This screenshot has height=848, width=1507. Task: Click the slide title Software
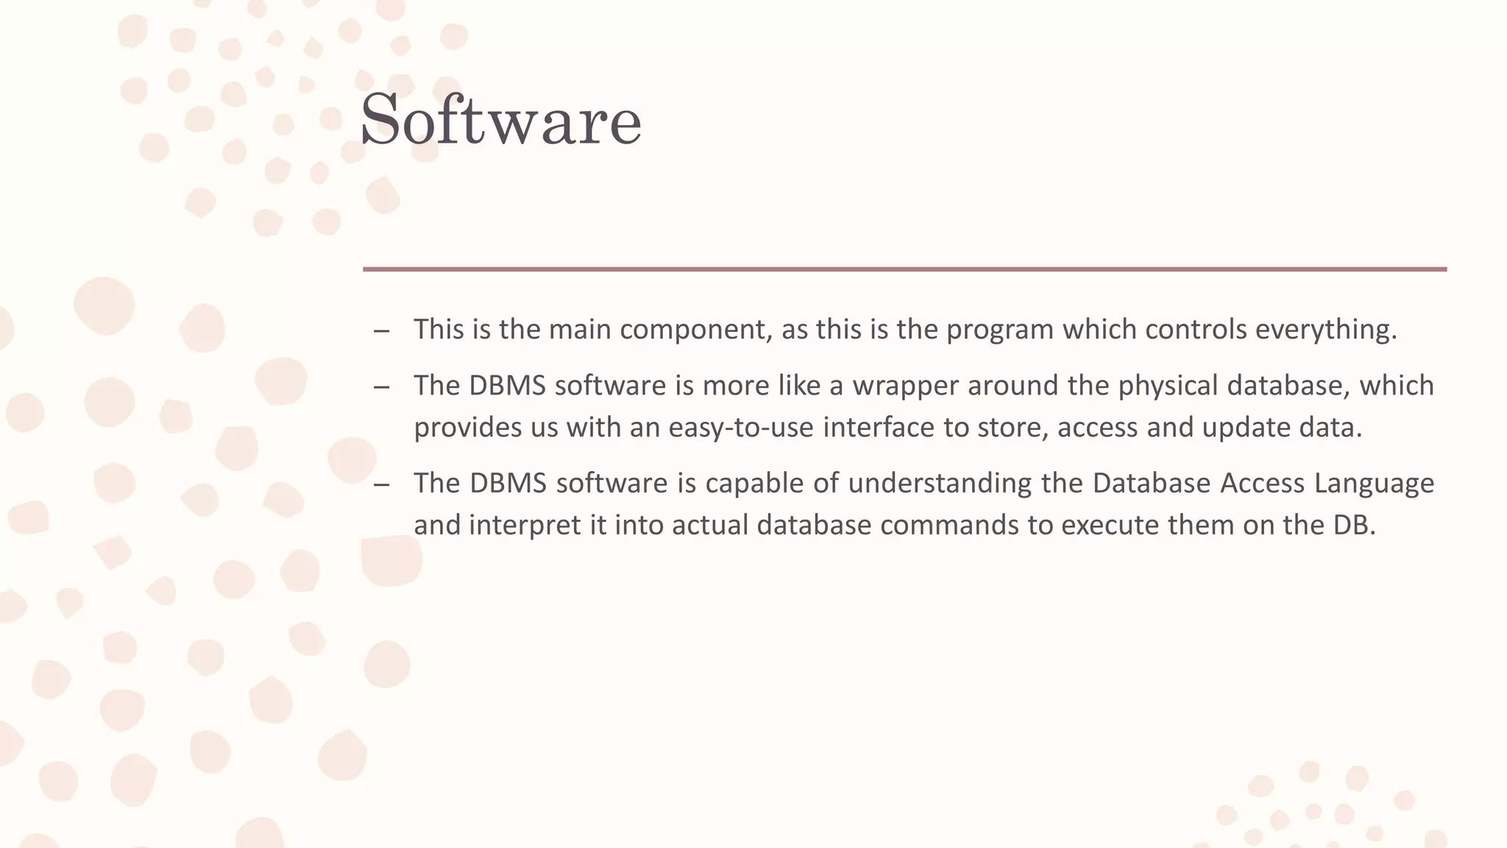tap(500, 121)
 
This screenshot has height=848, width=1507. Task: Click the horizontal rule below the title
tap(904, 269)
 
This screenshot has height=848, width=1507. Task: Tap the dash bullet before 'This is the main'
tap(381, 331)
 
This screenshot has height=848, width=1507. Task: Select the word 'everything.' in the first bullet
tap(1326, 329)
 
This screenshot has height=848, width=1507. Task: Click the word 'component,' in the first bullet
tap(696, 329)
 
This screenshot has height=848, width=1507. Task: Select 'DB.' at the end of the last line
tap(1354, 526)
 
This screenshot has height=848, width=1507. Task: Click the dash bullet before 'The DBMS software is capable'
tap(381, 485)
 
